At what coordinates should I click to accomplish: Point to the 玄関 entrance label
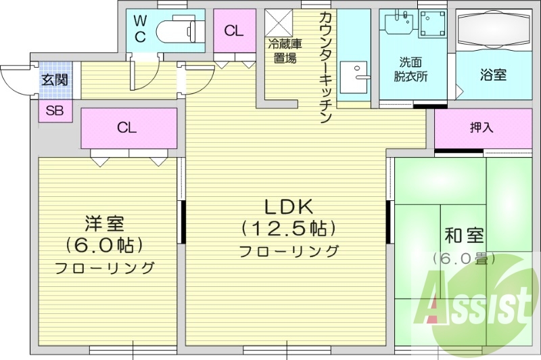55,80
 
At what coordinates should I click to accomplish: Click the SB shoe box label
55,111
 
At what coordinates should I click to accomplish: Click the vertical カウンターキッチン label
325,68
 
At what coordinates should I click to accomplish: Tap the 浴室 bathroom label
494,74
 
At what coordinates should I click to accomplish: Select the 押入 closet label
482,127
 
